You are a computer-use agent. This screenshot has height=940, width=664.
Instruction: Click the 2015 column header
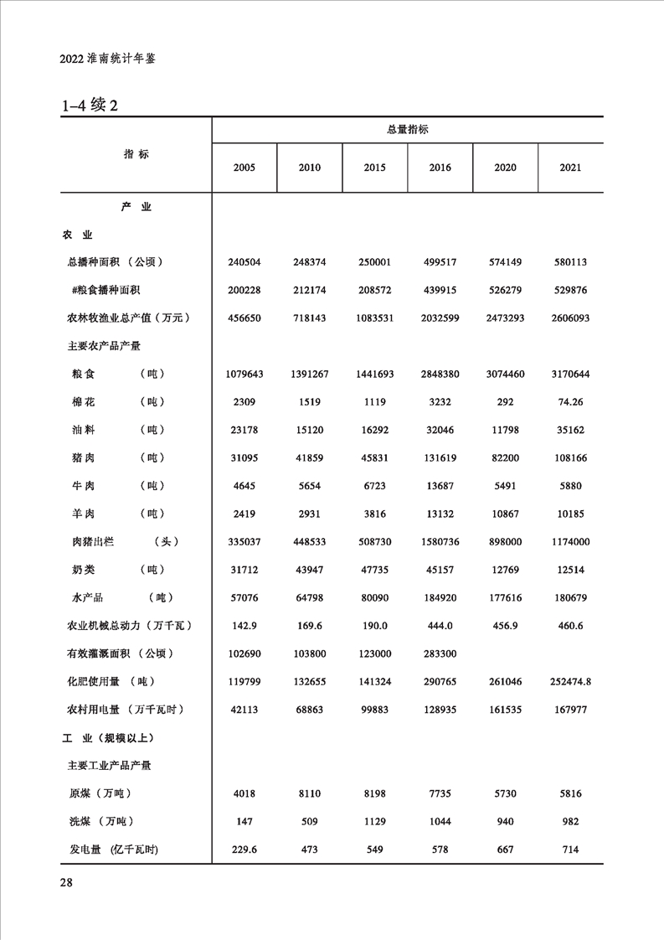(x=374, y=168)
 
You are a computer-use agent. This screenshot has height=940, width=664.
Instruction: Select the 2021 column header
(x=570, y=168)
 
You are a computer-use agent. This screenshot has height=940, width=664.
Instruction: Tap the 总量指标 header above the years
(x=408, y=130)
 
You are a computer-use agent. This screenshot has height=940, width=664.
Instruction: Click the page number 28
(x=67, y=882)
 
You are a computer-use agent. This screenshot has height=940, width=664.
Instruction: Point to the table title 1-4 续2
(x=93, y=106)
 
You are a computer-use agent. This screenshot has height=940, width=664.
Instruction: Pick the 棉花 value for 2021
(x=570, y=402)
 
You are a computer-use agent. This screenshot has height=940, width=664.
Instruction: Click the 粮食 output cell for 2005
(x=244, y=374)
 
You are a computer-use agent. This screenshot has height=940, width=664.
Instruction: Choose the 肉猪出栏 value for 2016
(x=440, y=542)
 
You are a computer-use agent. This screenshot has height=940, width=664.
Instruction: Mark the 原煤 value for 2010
(x=309, y=793)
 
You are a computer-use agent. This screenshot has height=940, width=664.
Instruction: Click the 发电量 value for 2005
(x=244, y=850)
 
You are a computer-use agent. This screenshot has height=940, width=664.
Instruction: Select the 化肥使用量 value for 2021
(x=570, y=682)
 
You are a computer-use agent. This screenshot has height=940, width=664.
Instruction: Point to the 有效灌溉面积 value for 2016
(x=440, y=653)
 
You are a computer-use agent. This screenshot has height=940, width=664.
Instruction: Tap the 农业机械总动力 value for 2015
(x=374, y=626)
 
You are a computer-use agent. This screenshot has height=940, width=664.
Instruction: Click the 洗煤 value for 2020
(x=505, y=822)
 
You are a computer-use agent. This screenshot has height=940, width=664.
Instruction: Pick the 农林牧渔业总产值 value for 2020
(x=505, y=318)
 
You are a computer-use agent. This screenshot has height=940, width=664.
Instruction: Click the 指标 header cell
(x=136, y=154)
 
